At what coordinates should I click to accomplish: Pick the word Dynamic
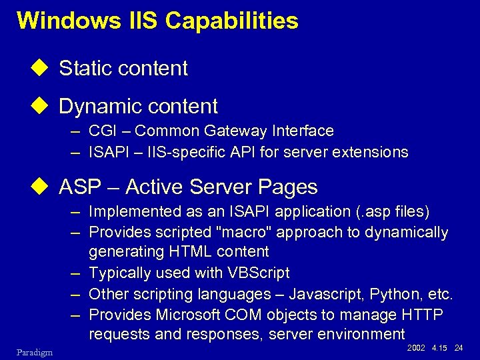(98, 107)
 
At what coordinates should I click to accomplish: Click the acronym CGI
(103, 131)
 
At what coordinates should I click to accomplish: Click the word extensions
(371, 152)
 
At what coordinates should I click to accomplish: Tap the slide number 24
(458, 348)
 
